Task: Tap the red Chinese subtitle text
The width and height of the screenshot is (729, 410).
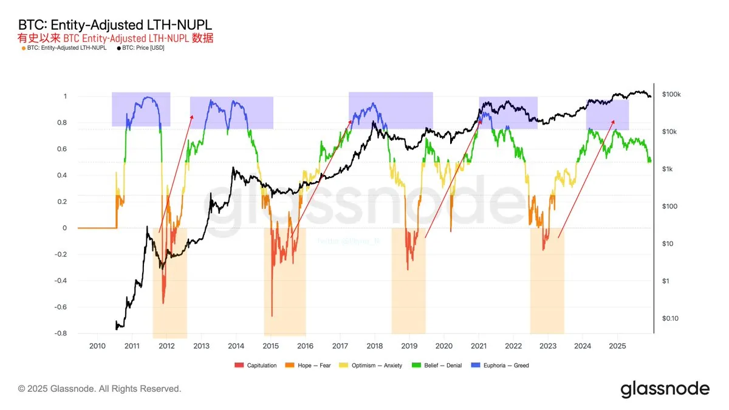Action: pyautogui.click(x=115, y=38)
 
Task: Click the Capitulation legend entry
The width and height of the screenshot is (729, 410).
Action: pyautogui.click(x=259, y=365)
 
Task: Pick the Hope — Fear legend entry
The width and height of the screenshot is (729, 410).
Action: pyautogui.click(x=312, y=365)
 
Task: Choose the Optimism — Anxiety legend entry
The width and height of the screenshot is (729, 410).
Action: pyautogui.click(x=375, y=365)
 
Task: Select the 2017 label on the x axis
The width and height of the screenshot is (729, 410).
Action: pyautogui.click(x=340, y=346)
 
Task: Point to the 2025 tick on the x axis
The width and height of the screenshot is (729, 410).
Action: pyautogui.click(x=617, y=346)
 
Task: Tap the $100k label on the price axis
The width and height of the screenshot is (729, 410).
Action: pyautogui.click(x=672, y=95)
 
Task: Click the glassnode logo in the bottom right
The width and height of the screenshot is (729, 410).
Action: pyautogui.click(x=665, y=389)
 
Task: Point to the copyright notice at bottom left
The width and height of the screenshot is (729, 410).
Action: pyautogui.click(x=100, y=388)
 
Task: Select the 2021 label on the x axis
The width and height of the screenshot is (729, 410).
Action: pyautogui.click(x=479, y=346)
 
